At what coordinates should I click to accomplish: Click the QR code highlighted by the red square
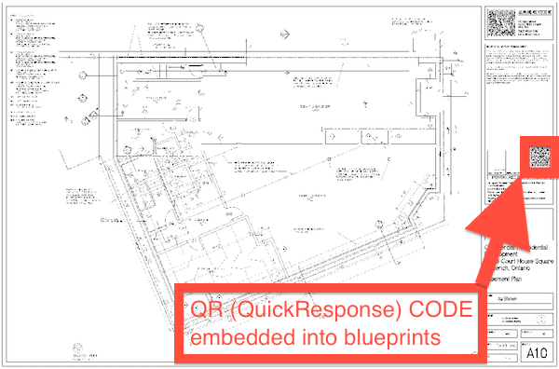[539, 157]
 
